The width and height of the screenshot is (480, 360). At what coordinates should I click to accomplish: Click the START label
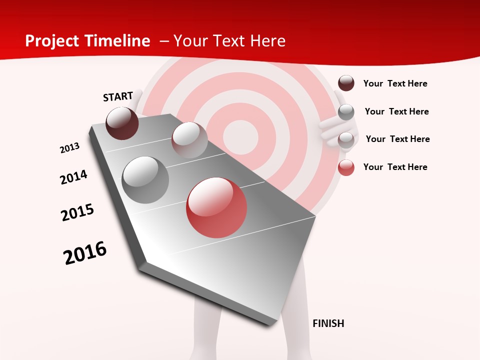point(118,96)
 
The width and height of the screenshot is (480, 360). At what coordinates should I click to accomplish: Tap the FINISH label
point(328,323)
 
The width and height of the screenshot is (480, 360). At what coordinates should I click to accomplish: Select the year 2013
point(69,148)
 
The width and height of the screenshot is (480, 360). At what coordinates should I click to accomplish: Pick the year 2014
point(73,177)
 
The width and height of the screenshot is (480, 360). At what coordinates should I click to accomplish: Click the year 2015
point(77,212)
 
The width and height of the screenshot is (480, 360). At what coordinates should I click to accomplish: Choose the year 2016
point(85,253)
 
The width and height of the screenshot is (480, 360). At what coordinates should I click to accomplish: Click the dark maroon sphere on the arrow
point(122,123)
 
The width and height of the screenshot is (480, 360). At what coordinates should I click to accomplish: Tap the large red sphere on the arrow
point(216,207)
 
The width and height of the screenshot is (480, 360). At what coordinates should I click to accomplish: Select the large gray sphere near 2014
point(145,179)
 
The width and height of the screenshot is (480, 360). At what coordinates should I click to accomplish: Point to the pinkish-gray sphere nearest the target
point(189,140)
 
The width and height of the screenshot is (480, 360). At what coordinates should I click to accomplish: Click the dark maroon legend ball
point(346,83)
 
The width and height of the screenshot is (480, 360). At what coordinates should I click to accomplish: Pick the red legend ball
point(346,167)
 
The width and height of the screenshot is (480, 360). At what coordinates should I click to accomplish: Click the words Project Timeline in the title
point(87,41)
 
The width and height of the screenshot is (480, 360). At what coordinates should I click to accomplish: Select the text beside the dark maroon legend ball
point(395,83)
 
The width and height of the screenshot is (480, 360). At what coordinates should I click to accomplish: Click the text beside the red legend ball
point(395,167)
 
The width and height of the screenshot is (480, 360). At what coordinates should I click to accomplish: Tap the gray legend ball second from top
point(346,112)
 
